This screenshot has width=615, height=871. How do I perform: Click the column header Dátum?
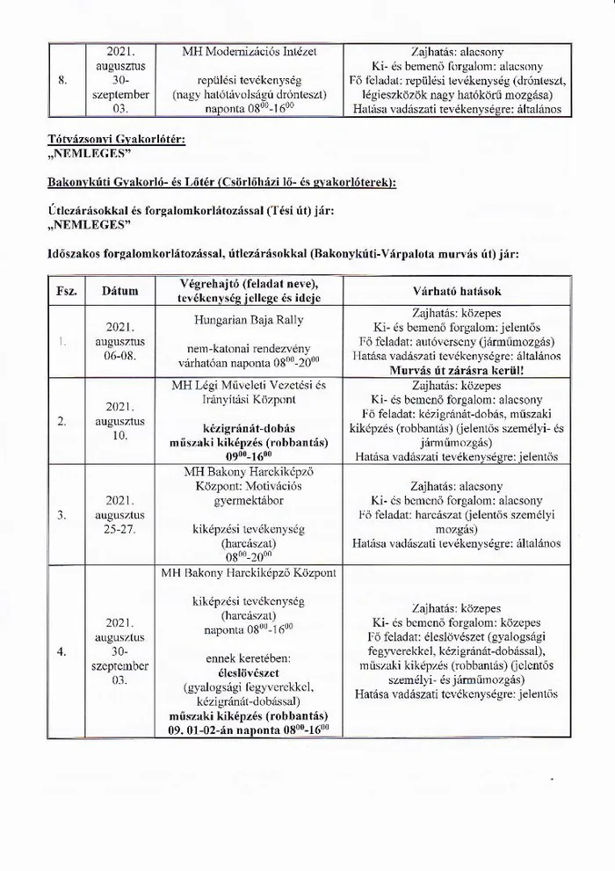coord(119,289)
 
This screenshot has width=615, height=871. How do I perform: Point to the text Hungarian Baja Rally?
coord(252,321)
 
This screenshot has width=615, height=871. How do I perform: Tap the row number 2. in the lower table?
coord(61,421)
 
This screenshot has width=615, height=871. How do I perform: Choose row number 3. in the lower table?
coord(61,515)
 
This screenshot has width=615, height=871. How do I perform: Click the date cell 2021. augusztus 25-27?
coord(119,515)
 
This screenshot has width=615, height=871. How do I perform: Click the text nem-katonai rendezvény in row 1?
coord(250,348)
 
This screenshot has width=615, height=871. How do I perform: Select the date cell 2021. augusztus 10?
coord(119,421)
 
